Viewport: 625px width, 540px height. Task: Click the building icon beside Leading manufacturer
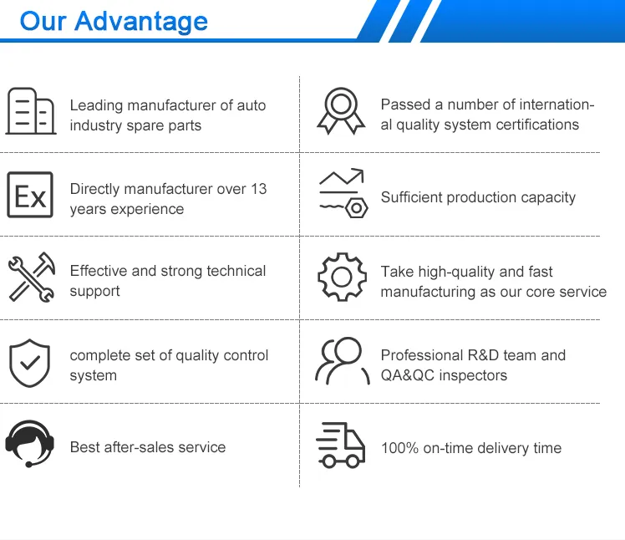(x=31, y=110)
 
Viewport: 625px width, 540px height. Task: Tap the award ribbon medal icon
(x=341, y=111)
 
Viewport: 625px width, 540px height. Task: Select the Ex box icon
(x=30, y=196)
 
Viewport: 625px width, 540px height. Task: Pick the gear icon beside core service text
(x=342, y=278)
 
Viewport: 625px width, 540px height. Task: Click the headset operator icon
(x=29, y=444)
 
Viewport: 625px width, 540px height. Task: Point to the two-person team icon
(x=341, y=361)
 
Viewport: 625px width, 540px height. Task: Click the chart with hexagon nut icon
(x=342, y=194)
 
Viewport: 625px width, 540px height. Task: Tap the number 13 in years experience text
(x=258, y=189)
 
